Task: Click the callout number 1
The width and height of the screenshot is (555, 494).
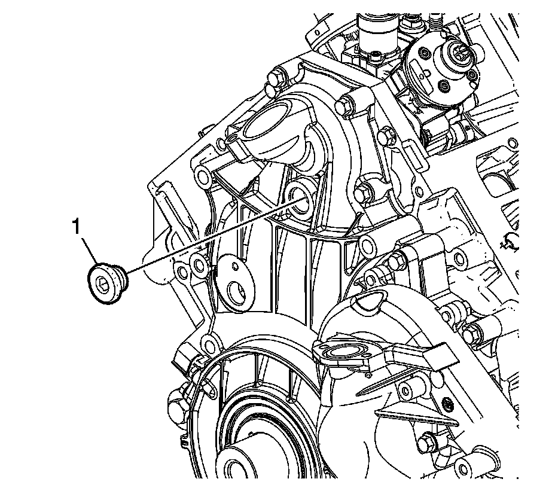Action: coord(77,227)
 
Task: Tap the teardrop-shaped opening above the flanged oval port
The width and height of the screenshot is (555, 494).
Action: coord(368,301)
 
